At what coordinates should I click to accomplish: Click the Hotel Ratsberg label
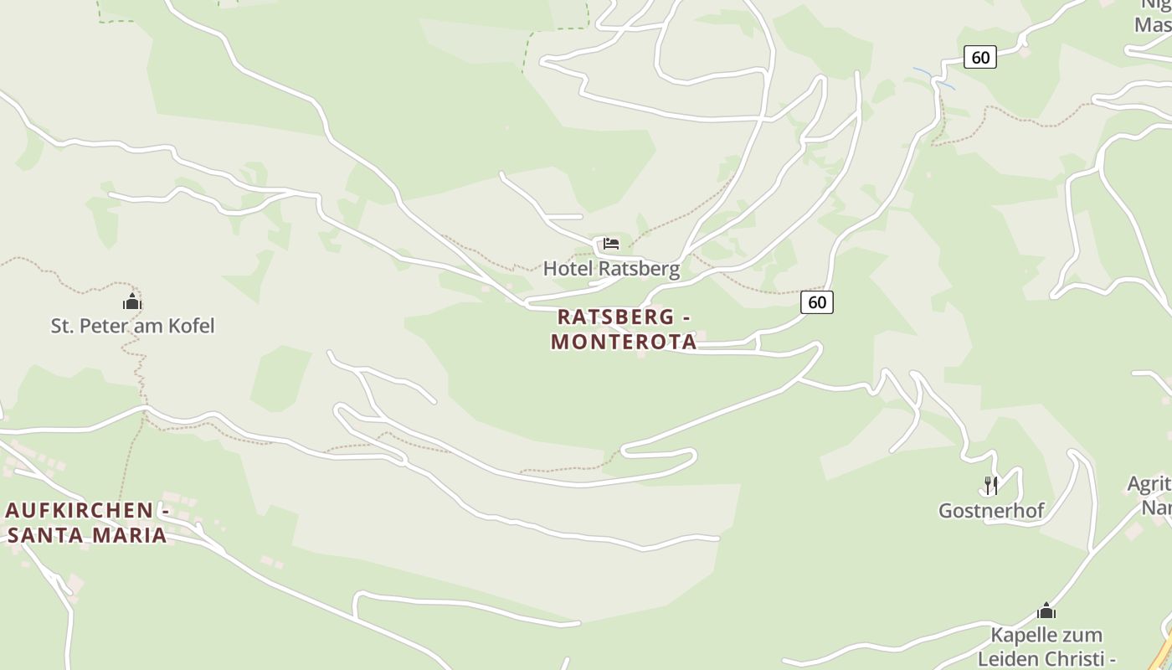(x=611, y=269)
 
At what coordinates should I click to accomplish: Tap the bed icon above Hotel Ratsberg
(x=611, y=245)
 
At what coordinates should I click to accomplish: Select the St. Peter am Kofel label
(x=132, y=326)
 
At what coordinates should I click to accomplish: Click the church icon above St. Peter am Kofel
(x=132, y=302)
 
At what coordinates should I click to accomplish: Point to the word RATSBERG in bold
(x=615, y=317)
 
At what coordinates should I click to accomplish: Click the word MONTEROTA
(x=624, y=342)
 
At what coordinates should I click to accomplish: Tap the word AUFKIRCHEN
(x=80, y=510)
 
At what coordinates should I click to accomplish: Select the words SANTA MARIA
(x=87, y=534)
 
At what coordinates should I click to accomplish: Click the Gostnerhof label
(x=991, y=510)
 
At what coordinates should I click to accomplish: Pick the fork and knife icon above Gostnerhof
(x=990, y=485)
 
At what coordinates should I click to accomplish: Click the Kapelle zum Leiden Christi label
(x=1046, y=646)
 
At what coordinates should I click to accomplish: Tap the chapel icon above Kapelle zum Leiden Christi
(x=1046, y=611)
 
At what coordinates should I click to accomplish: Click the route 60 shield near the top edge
(x=980, y=57)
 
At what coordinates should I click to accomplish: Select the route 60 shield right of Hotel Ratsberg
(x=817, y=302)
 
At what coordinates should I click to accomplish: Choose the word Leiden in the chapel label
(x=1008, y=657)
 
